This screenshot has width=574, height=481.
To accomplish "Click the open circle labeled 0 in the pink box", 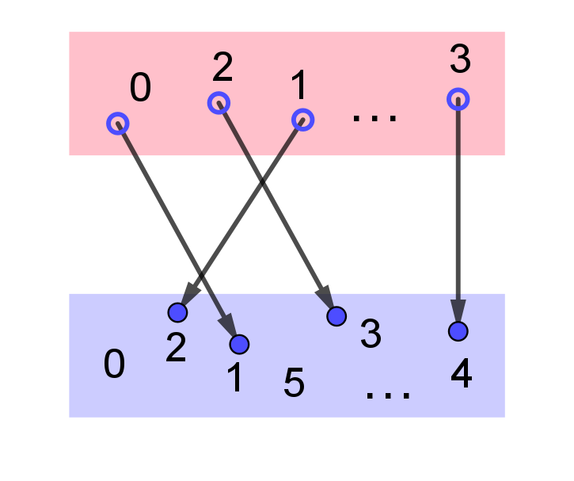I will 118,124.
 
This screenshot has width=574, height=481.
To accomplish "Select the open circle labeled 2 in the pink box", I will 219,103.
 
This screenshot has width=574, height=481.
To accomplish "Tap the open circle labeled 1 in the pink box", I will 302,120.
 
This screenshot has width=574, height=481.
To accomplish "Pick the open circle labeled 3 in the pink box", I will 458,99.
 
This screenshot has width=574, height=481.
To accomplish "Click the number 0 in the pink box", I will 140,87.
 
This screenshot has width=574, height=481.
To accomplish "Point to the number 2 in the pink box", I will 222,67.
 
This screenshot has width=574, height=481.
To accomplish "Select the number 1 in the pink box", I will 298,85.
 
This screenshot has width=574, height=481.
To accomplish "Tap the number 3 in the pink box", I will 460,59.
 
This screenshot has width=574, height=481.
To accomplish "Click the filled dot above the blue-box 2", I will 177,312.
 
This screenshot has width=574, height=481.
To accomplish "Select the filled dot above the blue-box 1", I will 239,344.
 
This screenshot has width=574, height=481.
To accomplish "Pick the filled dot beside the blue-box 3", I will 336,316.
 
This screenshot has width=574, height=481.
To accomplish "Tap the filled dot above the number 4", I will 458,331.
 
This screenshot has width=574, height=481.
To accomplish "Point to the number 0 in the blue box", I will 114,365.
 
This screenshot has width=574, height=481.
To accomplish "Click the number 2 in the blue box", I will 176,348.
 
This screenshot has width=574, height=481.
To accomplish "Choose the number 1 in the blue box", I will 235,377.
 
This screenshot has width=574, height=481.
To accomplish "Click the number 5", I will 294,383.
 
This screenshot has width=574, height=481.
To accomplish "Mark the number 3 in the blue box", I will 371,334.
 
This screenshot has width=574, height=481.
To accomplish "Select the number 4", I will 462,373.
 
